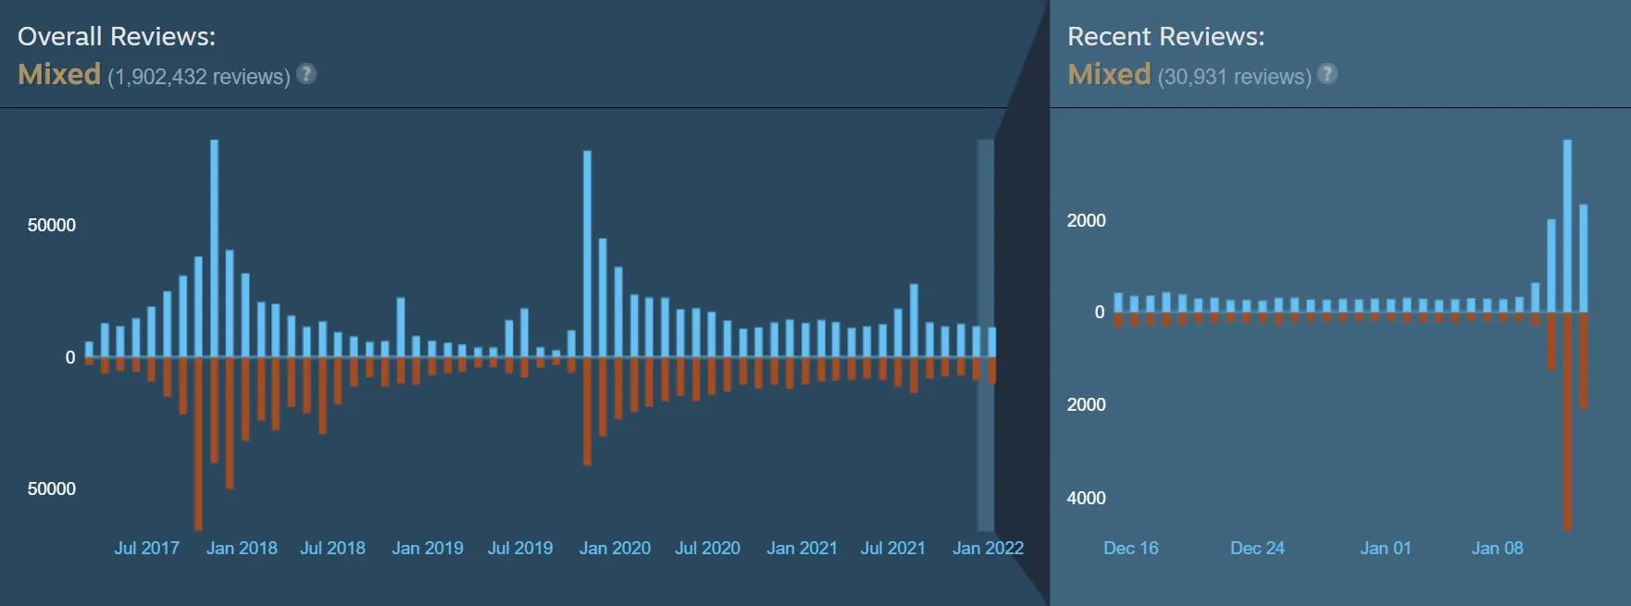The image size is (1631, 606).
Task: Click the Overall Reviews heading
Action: [x=117, y=36]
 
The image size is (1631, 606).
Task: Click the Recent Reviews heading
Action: [x=1165, y=36]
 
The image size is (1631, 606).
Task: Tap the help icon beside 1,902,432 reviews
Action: [x=306, y=74]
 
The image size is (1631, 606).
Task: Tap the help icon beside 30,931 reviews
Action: [x=1327, y=74]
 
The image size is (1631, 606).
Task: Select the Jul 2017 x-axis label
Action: [x=147, y=548]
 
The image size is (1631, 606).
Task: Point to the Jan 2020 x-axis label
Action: [x=615, y=548]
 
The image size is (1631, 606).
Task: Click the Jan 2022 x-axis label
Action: [x=988, y=548]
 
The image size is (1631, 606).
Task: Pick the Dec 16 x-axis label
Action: [x=1131, y=548]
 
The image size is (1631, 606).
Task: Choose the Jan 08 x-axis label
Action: [x=1498, y=548]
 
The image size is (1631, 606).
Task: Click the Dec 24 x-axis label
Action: [x=1257, y=548]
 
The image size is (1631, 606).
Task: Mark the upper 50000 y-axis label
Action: [x=52, y=225]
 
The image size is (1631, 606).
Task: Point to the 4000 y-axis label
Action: [x=1086, y=498]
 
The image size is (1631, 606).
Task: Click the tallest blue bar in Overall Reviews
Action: [x=215, y=248]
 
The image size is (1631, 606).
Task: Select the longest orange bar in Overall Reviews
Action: [x=198, y=444]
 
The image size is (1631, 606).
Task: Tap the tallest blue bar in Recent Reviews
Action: [x=1567, y=226]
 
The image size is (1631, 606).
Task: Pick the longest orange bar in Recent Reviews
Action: [x=1567, y=422]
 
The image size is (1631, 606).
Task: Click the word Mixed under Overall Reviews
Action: [x=59, y=74]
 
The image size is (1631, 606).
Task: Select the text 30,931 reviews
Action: [x=1235, y=76]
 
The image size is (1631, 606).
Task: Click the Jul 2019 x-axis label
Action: [x=520, y=548]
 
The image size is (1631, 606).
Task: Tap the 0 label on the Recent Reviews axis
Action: [x=1100, y=313]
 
